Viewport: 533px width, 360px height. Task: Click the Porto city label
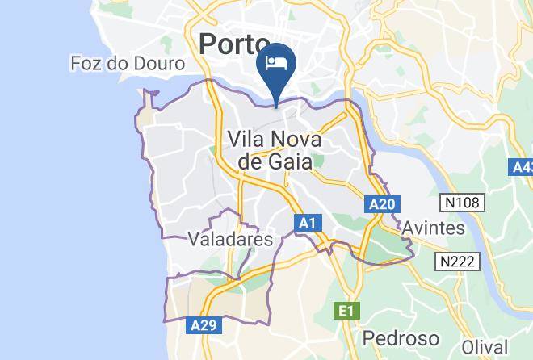(x=233, y=44)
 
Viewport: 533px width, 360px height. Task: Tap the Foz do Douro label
(x=128, y=63)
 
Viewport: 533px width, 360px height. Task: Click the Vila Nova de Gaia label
(x=275, y=150)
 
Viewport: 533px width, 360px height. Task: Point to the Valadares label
(x=230, y=239)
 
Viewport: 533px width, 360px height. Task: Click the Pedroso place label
(x=401, y=337)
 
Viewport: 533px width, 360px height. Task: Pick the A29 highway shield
(x=204, y=325)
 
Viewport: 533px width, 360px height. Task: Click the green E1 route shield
(x=346, y=310)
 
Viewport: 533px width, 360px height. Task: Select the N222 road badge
(x=459, y=262)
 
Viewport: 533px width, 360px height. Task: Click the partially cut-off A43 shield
(x=523, y=167)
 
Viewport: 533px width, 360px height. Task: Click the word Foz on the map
(x=86, y=63)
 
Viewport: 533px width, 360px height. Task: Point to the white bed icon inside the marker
(x=276, y=61)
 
